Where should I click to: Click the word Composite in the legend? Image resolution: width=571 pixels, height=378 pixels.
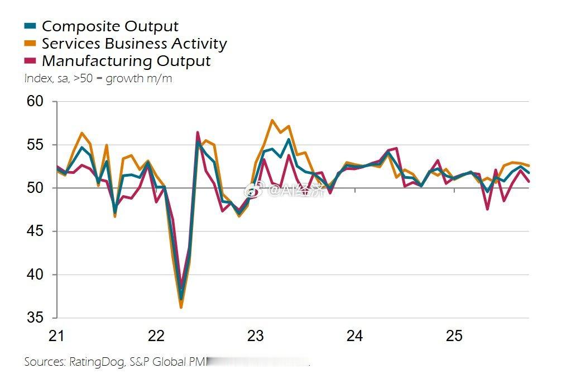(74, 26)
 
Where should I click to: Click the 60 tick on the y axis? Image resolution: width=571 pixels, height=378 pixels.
(35, 102)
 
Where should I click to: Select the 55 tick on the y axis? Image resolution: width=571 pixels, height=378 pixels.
(35, 145)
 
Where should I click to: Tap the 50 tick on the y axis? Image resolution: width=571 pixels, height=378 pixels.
(35, 188)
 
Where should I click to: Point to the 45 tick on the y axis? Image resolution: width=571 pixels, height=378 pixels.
(35, 231)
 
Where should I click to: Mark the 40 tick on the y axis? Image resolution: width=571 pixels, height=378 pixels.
(35, 275)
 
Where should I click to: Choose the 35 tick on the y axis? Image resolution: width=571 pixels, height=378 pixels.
(35, 318)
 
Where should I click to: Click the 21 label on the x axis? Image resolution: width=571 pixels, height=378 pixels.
(56, 336)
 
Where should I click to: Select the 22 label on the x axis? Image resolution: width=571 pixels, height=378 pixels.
(156, 336)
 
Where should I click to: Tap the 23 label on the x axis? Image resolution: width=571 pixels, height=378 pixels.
(255, 336)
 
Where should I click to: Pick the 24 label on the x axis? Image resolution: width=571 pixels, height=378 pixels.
(354, 336)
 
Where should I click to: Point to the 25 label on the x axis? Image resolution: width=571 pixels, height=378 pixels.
(454, 336)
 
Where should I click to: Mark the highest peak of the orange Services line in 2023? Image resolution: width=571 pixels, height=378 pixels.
(272, 120)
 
